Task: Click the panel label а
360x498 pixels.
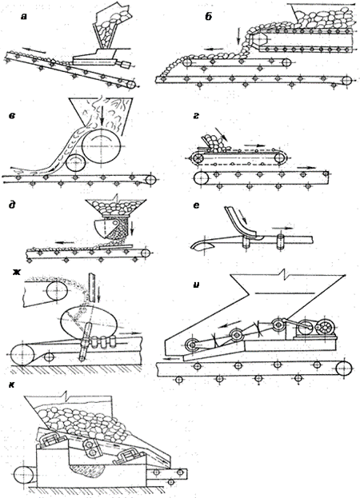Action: [23, 17]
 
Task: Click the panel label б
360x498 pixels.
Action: [209, 17]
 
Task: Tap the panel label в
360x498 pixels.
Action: [12, 116]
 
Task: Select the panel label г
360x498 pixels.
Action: [196, 116]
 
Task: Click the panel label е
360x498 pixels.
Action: [196, 205]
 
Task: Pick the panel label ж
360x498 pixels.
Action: [16, 271]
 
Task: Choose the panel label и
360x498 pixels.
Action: [196, 285]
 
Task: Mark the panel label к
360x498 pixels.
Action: [12, 385]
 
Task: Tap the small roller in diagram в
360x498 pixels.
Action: [76, 163]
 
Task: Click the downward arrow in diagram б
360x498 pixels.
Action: [238, 36]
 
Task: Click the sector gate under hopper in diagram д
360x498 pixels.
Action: [106, 229]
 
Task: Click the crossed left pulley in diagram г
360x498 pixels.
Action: [198, 157]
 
